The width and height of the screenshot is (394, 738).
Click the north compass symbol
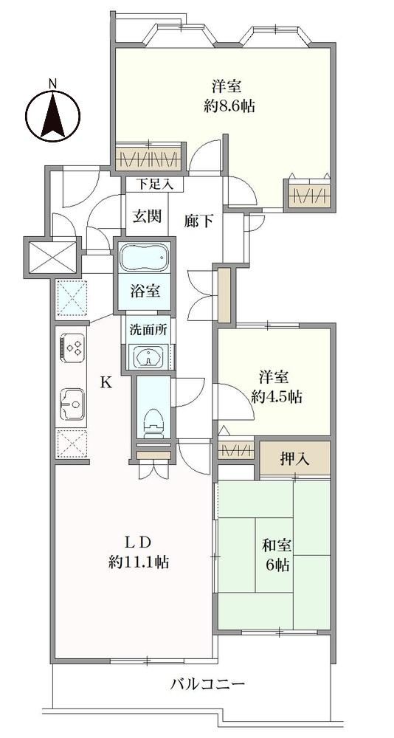point(52,116)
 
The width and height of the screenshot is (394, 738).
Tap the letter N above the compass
point(52,84)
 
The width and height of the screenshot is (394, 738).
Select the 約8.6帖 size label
point(229,106)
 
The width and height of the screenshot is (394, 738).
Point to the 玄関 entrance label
point(147,216)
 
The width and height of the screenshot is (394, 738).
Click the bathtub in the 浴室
point(145,258)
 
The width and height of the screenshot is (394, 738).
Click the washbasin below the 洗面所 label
point(148,356)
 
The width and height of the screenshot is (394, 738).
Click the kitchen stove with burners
point(72,348)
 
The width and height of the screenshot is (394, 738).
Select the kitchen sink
point(72,404)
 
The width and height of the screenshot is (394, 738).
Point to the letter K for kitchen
point(107,382)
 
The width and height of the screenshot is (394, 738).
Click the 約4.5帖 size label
point(277,397)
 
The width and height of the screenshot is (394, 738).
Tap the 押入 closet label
point(294,459)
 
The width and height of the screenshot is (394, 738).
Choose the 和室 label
point(277,546)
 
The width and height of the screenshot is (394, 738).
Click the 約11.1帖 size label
point(139,562)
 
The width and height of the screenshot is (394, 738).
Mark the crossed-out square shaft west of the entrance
point(52,258)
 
